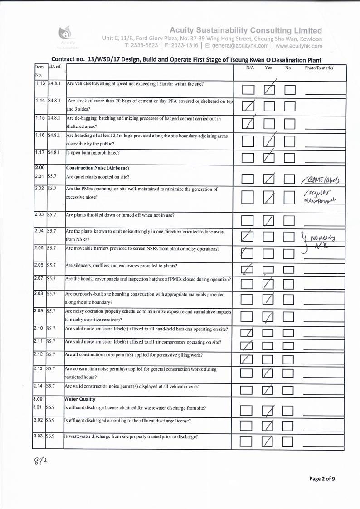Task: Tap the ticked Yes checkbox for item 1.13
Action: click(269, 89)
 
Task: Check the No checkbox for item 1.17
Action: click(290, 158)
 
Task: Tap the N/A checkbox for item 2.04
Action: click(248, 236)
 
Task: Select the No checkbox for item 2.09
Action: click(289, 317)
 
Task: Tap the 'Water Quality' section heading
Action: click(81, 399)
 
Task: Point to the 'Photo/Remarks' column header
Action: click(319, 68)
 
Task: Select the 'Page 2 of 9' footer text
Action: click(322, 479)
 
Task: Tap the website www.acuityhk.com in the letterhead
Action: click(298, 46)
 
